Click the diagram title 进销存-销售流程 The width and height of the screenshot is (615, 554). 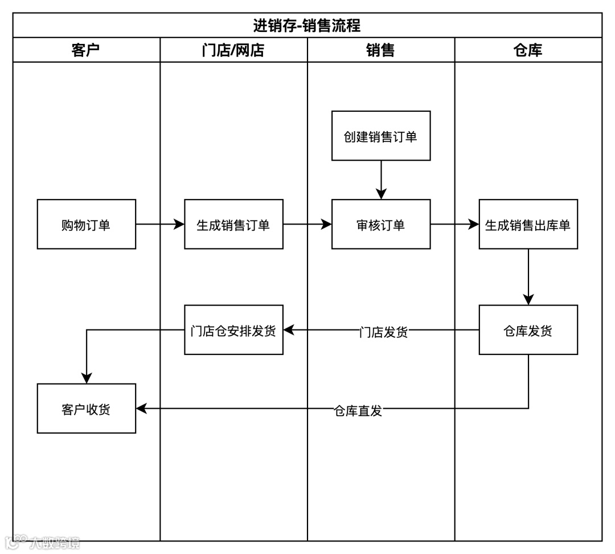pyautogui.click(x=307, y=26)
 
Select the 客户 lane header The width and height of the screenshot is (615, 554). pyautogui.click(x=86, y=50)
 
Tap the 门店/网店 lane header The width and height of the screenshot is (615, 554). pyautogui.click(x=233, y=50)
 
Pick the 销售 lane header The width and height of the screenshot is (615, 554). pyautogui.click(x=380, y=50)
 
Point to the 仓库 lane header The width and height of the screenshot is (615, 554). pyautogui.click(x=528, y=50)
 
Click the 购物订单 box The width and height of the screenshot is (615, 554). pyautogui.click(x=87, y=225)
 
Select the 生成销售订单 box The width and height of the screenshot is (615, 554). pyautogui.click(x=233, y=225)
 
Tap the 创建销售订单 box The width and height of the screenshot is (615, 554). pyautogui.click(x=381, y=136)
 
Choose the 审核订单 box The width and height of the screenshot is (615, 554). pyautogui.click(x=381, y=225)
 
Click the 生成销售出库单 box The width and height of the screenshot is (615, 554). pyautogui.click(x=528, y=225)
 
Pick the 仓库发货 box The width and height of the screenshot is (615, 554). pyautogui.click(x=528, y=330)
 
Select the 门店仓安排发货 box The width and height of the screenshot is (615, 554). pyautogui.click(x=233, y=330)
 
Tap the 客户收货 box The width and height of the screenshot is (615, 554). pyautogui.click(x=87, y=409)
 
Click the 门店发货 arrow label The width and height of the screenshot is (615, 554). pyautogui.click(x=384, y=332)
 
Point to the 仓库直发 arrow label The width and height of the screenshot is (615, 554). pyautogui.click(x=358, y=410)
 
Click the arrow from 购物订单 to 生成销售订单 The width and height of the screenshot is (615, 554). pyautogui.click(x=160, y=225)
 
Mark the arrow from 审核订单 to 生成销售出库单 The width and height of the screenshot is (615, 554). pyautogui.click(x=454, y=225)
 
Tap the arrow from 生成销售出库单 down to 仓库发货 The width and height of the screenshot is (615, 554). pyautogui.click(x=528, y=276)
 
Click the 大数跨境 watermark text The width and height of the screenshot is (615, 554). pyautogui.click(x=55, y=542)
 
